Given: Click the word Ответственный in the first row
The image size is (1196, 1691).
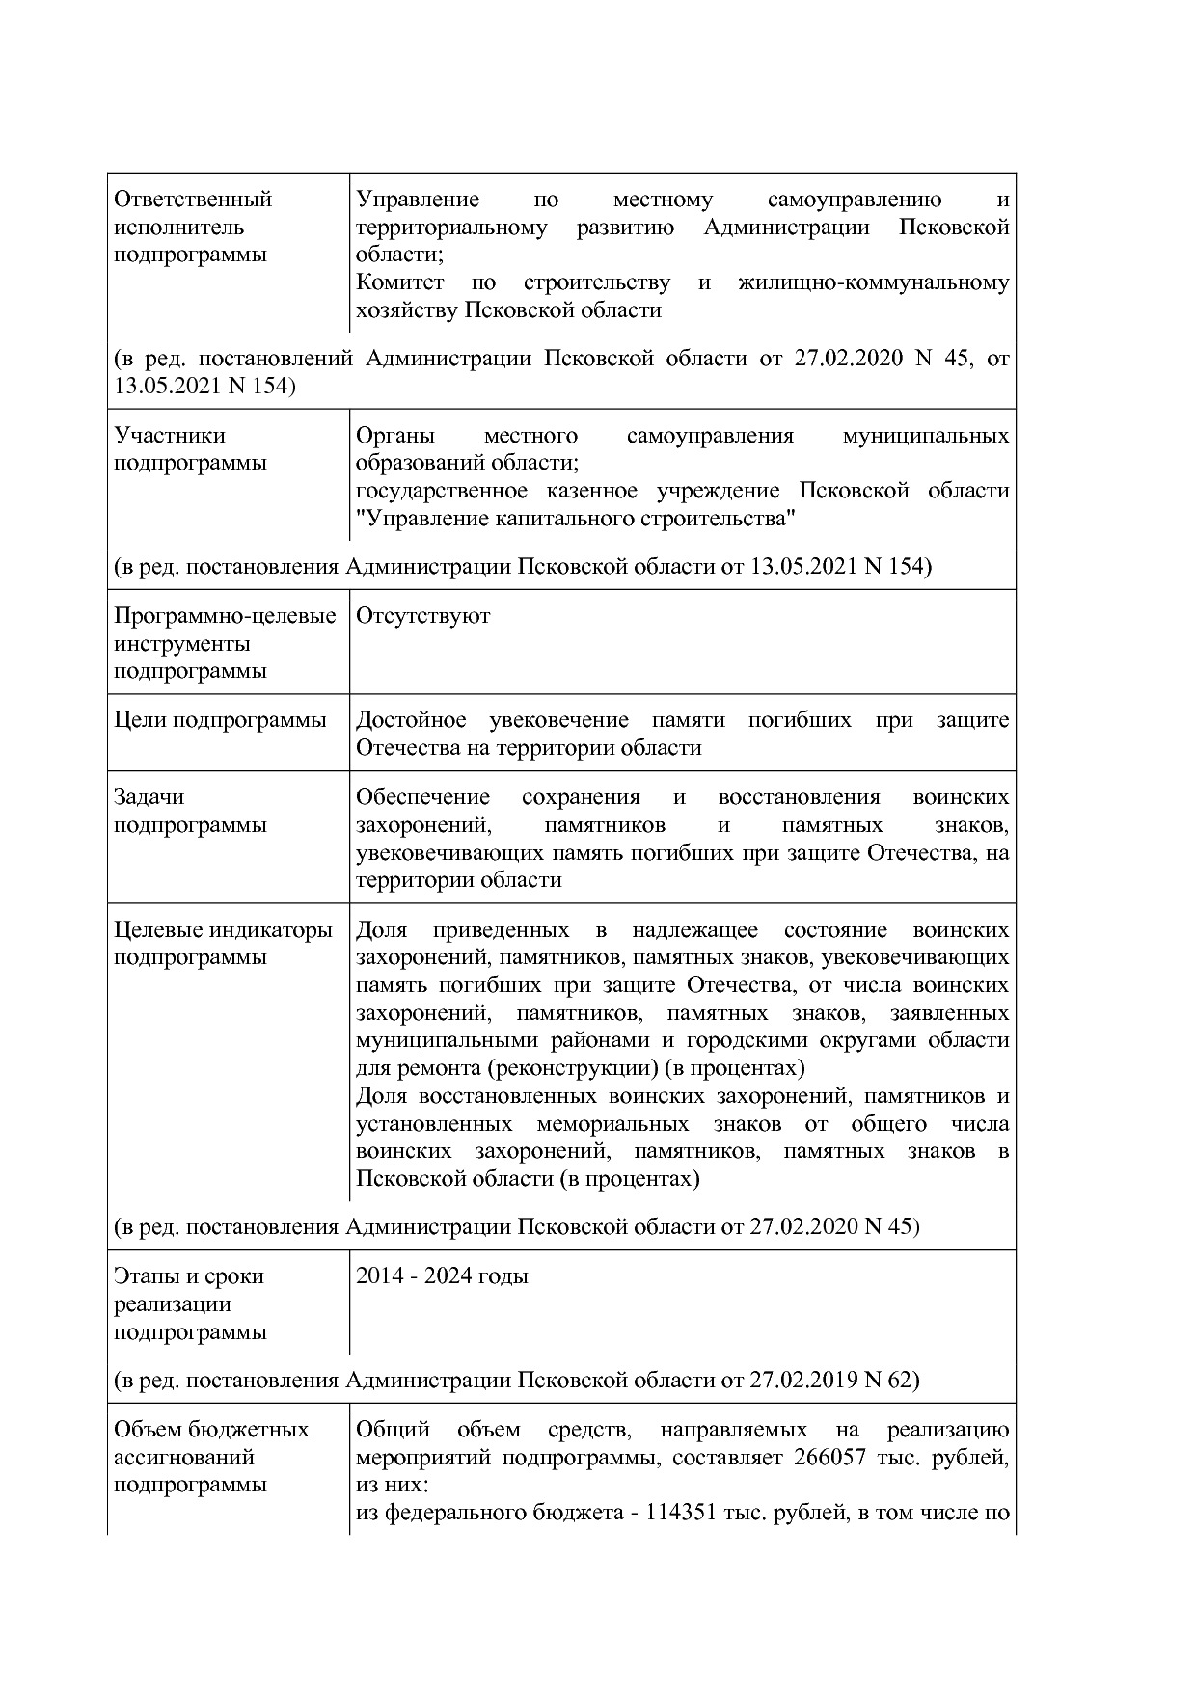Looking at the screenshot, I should point(193,200).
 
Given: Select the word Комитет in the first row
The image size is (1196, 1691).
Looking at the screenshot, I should point(399,282).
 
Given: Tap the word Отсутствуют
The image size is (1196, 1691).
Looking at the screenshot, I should point(422,616).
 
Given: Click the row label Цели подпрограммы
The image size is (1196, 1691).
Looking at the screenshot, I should point(220,720).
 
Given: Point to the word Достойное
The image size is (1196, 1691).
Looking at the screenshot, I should point(411,720).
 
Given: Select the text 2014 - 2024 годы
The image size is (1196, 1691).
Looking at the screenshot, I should point(442,1276).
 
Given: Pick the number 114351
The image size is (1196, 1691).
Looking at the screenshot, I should point(679,1513).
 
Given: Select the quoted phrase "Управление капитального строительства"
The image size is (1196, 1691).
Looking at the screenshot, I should point(576,519).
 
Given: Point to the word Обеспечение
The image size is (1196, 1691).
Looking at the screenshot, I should point(422,797).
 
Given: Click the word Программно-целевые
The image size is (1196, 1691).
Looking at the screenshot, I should point(225,616).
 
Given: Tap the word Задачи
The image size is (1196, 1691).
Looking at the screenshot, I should point(149,797).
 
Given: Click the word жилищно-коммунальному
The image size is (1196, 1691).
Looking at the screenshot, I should point(873,282).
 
